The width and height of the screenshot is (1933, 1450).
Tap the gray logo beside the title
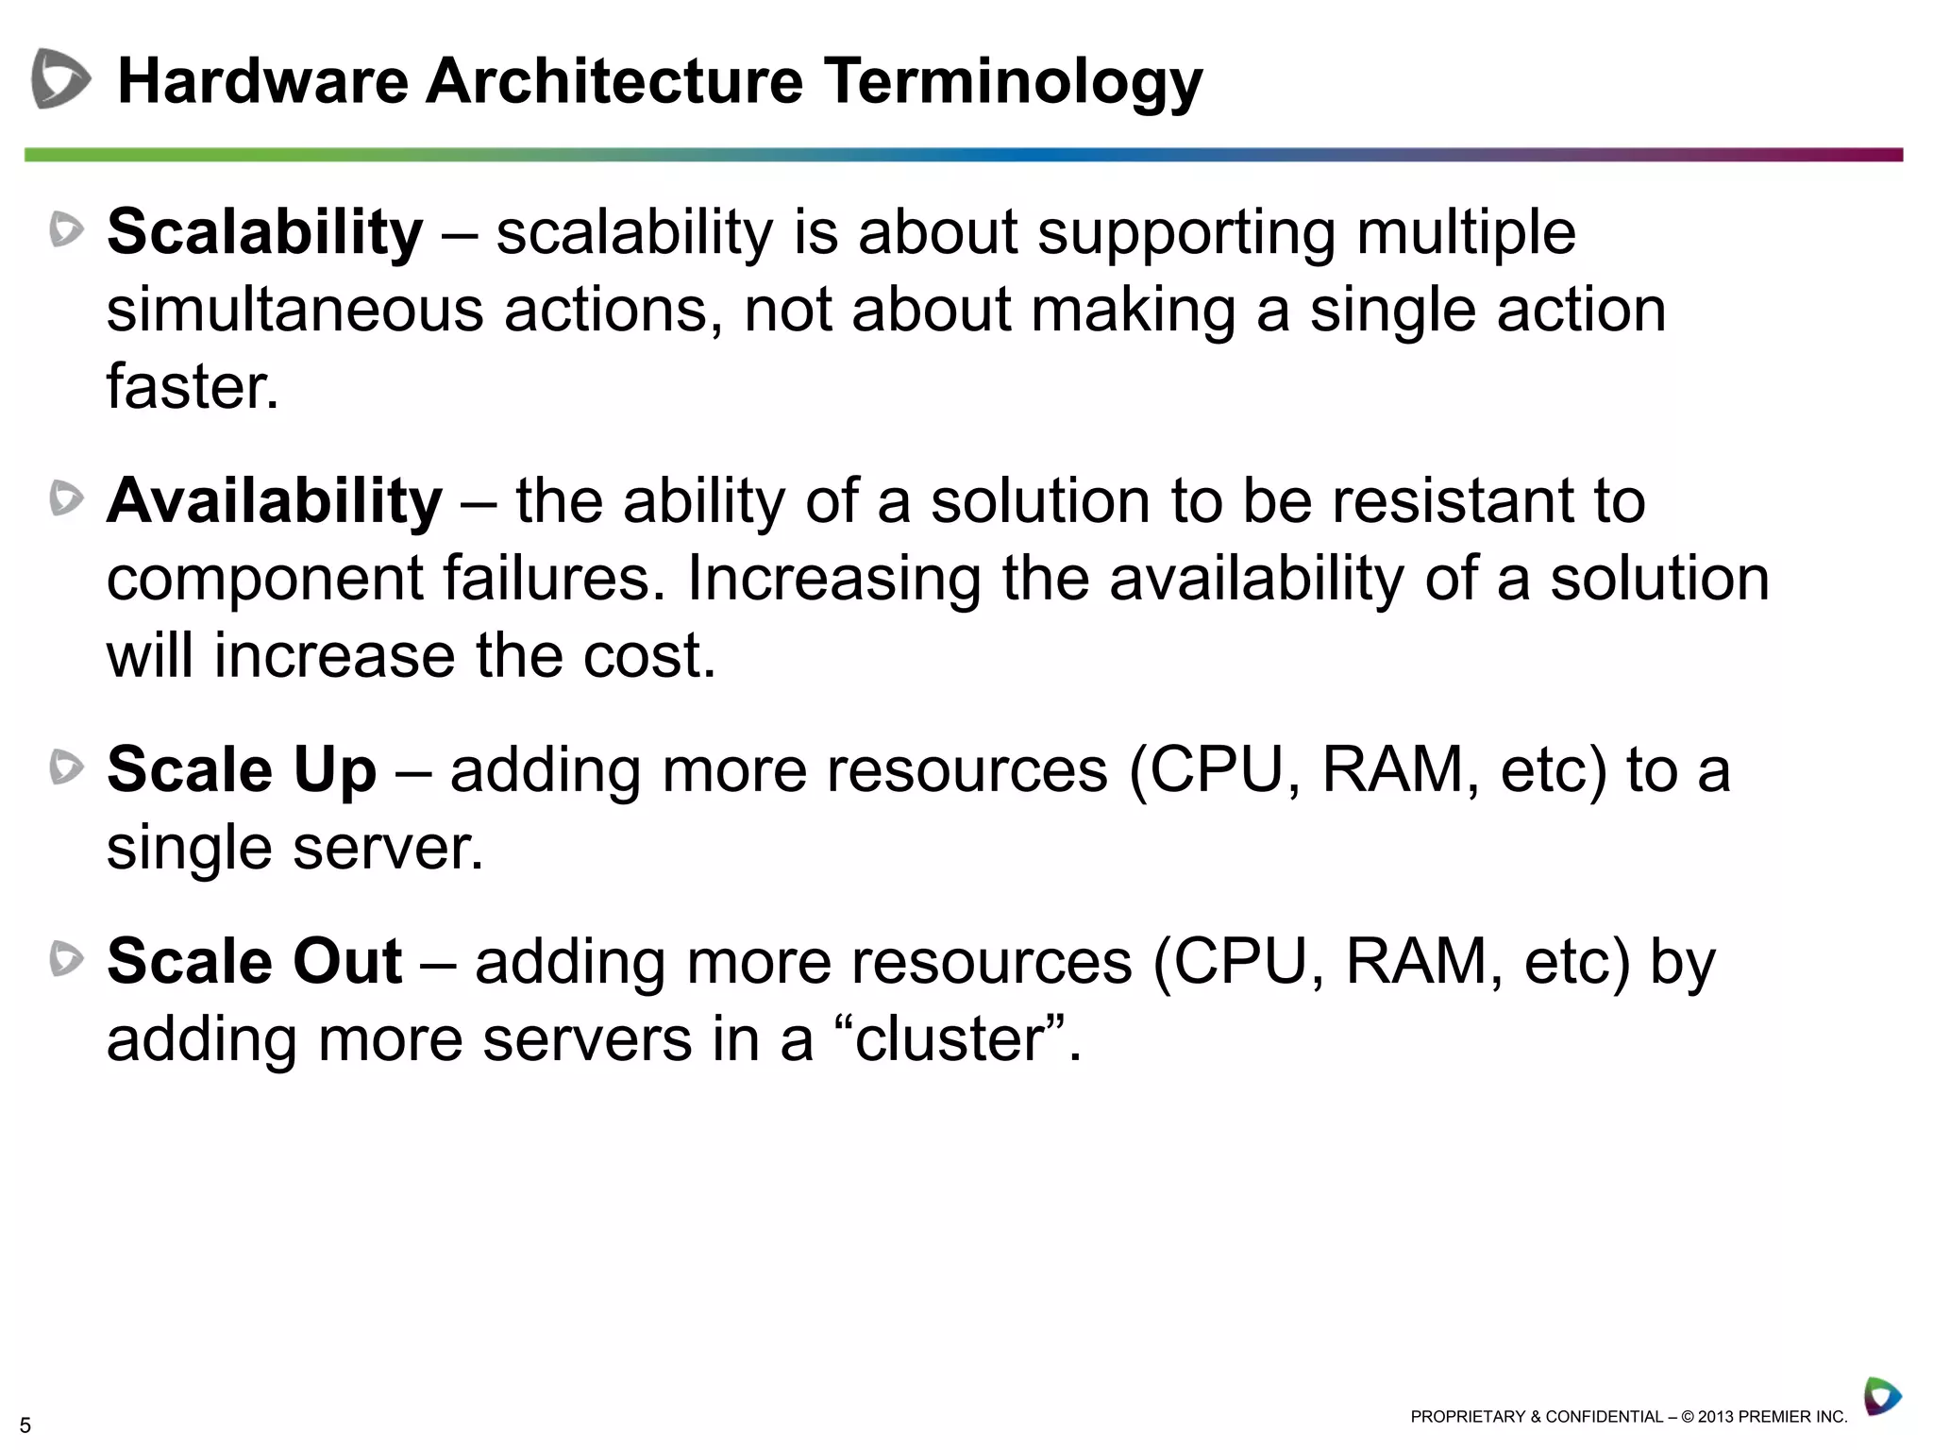tap(59, 79)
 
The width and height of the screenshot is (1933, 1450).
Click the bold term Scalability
tap(265, 232)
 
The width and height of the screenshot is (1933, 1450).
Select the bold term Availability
tap(275, 501)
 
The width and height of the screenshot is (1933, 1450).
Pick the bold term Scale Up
tap(242, 770)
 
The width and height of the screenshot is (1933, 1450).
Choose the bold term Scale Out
tap(255, 962)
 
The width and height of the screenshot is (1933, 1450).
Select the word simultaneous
tap(294, 311)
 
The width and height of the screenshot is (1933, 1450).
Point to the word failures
tap(546, 579)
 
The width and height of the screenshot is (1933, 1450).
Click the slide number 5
tap(25, 1425)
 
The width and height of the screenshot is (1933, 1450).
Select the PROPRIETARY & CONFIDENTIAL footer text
tap(1628, 1417)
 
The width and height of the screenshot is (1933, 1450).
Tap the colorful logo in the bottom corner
tap(1881, 1396)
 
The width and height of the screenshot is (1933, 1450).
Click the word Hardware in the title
tap(262, 81)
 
